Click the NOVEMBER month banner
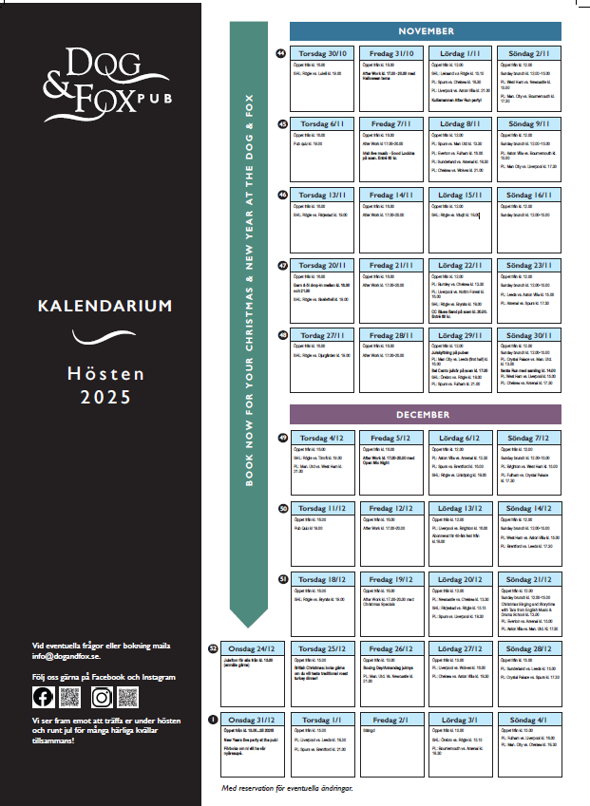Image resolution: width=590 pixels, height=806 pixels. [x=425, y=30]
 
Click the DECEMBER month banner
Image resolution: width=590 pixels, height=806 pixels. [x=425, y=415]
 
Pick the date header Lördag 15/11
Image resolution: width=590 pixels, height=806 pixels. [x=460, y=195]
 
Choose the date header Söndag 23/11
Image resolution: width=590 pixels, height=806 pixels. [x=529, y=265]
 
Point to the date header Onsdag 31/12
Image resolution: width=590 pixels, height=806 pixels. [x=254, y=720]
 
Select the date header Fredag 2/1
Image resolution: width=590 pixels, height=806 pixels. [x=390, y=720]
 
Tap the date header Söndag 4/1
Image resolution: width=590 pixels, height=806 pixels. [x=529, y=720]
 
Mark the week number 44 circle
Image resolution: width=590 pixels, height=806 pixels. [x=281, y=53]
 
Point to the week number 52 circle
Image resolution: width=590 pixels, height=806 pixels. [x=213, y=648]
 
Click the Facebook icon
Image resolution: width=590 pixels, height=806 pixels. [x=44, y=697]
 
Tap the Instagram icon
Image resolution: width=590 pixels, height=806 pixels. [x=103, y=697]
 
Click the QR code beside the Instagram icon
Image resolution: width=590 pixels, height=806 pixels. [x=127, y=697]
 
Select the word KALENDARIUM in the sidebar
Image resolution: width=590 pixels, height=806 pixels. [x=105, y=307]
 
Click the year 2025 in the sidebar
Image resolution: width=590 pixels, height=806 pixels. [x=105, y=397]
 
